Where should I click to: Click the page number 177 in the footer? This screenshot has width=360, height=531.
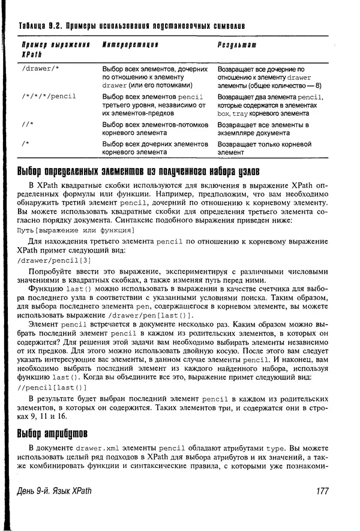pyautogui.click(x=322, y=491)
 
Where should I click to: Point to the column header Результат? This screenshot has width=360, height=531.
pyautogui.click(x=237, y=44)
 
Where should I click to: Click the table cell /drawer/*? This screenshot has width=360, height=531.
pyautogui.click(x=40, y=69)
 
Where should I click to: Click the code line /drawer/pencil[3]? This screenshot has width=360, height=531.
pyautogui.click(x=55, y=260)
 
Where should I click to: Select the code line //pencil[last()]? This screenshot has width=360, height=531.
pyautogui.click(x=53, y=388)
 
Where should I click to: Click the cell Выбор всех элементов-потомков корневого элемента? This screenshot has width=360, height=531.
pyautogui.click(x=155, y=129)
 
